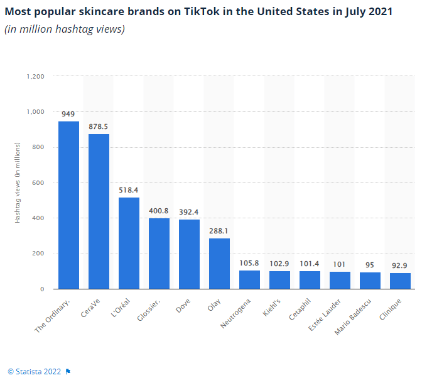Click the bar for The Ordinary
68,205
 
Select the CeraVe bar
99,211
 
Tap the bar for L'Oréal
129,243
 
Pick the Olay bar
219,264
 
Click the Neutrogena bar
249,280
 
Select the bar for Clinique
400,281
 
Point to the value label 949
68,114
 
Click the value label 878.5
99,126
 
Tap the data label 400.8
159,211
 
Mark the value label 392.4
189,213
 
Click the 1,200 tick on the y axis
35,76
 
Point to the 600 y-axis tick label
38,183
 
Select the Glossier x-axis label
150,308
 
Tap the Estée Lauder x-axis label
327,312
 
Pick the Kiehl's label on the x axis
273,306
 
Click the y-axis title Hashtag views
18,182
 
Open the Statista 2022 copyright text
35,371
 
